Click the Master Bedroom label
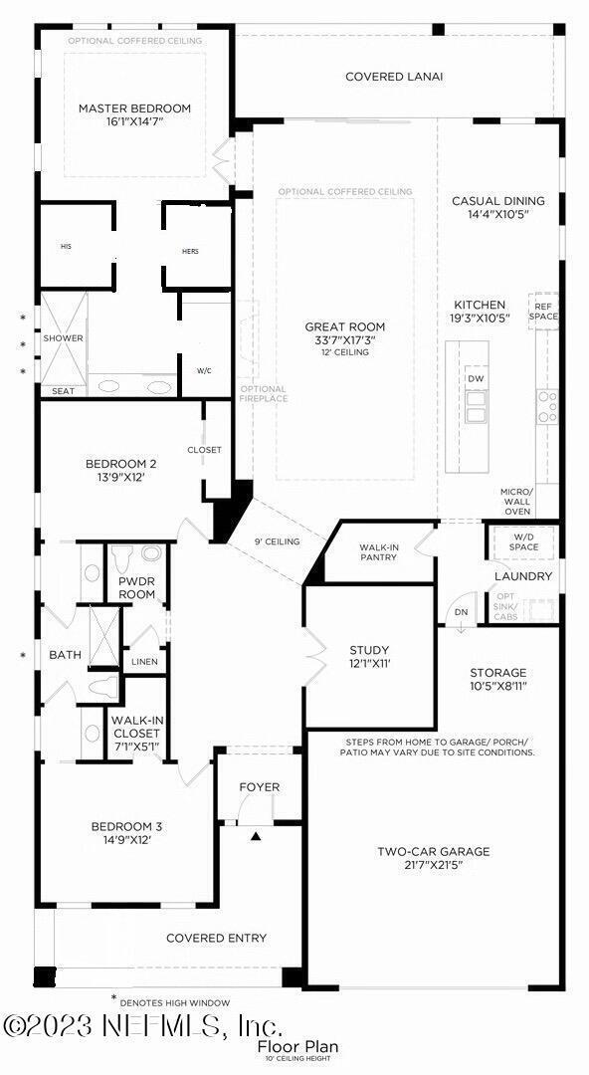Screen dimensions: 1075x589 (x=134, y=108)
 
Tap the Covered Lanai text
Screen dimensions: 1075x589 (x=394, y=77)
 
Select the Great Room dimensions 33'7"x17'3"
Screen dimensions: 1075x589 (x=345, y=339)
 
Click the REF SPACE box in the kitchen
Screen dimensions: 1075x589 (x=544, y=312)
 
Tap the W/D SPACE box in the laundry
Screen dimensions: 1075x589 (x=523, y=542)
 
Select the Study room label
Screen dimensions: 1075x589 (x=369, y=650)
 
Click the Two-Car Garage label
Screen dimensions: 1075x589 (x=433, y=851)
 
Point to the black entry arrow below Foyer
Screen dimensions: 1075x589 (x=256, y=837)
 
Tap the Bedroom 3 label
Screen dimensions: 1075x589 (x=126, y=826)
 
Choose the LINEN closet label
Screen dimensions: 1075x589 (x=144, y=662)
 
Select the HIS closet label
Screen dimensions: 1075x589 (x=66, y=246)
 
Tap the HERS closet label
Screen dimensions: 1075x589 (x=190, y=252)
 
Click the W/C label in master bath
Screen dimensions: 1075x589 (x=204, y=370)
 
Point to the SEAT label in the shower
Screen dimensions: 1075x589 (x=63, y=391)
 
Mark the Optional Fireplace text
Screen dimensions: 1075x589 (x=264, y=394)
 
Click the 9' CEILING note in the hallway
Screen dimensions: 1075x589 (x=278, y=541)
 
